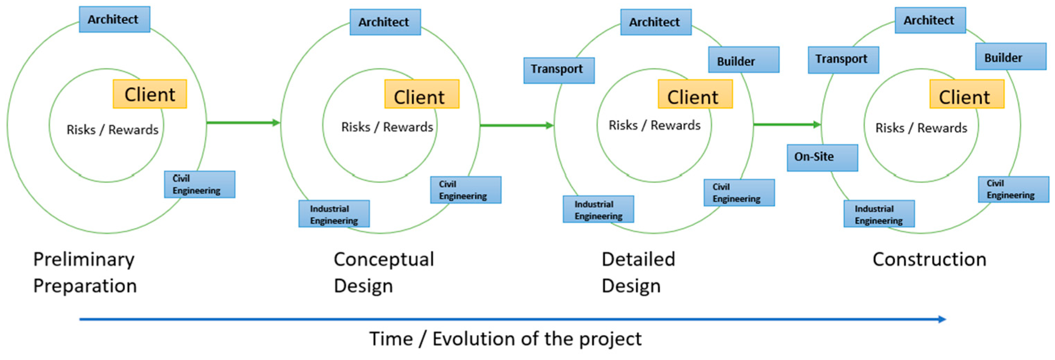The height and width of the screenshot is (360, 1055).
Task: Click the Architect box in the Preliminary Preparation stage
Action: [x=114, y=19]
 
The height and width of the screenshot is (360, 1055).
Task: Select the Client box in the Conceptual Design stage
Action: [x=421, y=94]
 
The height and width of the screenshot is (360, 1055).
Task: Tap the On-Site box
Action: [x=822, y=157]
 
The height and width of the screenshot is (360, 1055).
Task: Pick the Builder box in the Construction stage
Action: [x=1011, y=57]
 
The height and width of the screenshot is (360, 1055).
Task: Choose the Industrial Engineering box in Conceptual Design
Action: [x=334, y=213]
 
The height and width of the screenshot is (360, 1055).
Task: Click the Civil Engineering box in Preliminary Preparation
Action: [x=200, y=184]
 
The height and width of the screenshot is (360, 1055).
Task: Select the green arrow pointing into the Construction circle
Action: [x=787, y=124]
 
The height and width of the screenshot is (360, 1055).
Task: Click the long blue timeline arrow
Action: [x=512, y=319]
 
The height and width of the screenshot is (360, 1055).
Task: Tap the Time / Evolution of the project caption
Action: [x=505, y=339]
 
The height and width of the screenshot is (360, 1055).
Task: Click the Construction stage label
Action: [x=929, y=260]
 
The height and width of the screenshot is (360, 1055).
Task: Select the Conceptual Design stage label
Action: [x=384, y=272]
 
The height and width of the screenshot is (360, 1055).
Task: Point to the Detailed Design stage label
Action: [x=638, y=272]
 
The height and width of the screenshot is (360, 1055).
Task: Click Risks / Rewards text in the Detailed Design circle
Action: [x=655, y=125]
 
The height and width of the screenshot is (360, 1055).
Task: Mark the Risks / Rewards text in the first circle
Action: [x=112, y=130]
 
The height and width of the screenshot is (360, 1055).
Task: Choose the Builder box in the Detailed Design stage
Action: [x=743, y=60]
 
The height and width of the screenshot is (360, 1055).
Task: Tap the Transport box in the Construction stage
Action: [x=843, y=60]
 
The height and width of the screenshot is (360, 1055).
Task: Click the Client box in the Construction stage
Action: [x=967, y=94]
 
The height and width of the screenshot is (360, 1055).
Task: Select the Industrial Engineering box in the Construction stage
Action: [x=879, y=213]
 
